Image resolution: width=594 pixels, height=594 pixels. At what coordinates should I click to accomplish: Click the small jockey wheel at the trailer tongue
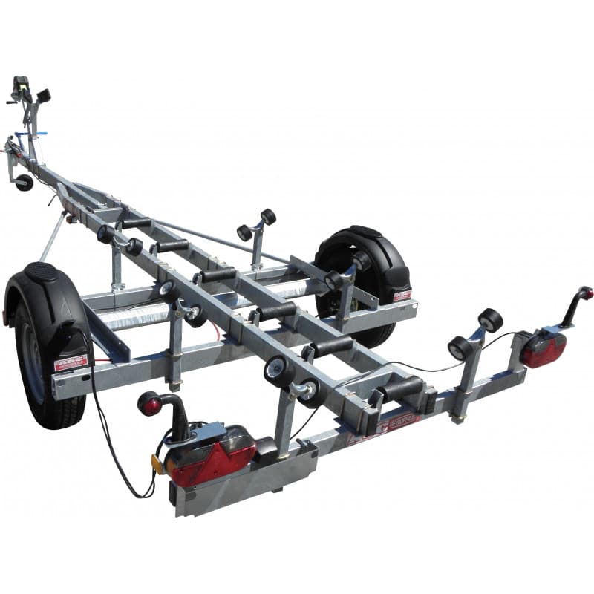25,182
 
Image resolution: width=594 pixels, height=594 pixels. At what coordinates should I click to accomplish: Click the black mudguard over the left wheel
52,297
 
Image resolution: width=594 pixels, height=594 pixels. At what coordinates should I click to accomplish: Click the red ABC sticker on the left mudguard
71,362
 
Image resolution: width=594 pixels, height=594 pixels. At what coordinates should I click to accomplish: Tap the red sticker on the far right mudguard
401,295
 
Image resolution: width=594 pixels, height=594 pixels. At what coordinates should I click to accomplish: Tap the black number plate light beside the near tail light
265,449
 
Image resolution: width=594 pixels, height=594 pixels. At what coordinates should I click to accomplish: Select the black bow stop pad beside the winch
43,95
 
